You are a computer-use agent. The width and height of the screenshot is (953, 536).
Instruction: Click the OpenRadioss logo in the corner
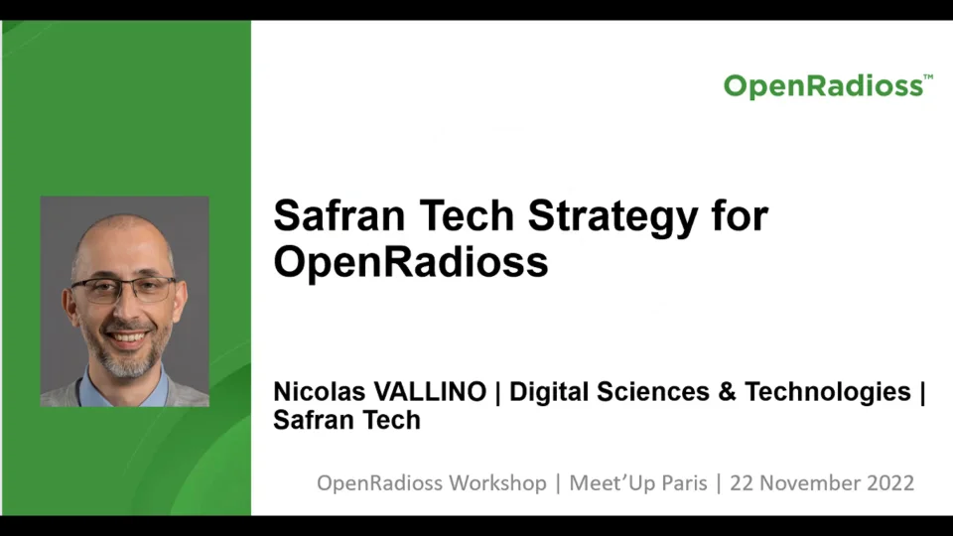click(x=823, y=86)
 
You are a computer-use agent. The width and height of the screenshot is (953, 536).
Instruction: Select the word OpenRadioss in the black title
click(x=410, y=262)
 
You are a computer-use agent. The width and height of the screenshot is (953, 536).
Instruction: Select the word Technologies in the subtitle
click(x=828, y=392)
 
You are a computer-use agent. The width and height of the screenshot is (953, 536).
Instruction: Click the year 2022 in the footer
click(x=889, y=483)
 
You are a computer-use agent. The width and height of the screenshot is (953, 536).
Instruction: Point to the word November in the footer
click(x=808, y=483)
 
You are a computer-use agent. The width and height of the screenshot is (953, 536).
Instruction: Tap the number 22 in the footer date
click(x=742, y=483)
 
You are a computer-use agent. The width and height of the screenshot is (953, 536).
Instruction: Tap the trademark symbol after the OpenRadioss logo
click(x=928, y=76)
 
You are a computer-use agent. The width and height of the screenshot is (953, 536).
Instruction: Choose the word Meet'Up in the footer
click(x=610, y=483)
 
